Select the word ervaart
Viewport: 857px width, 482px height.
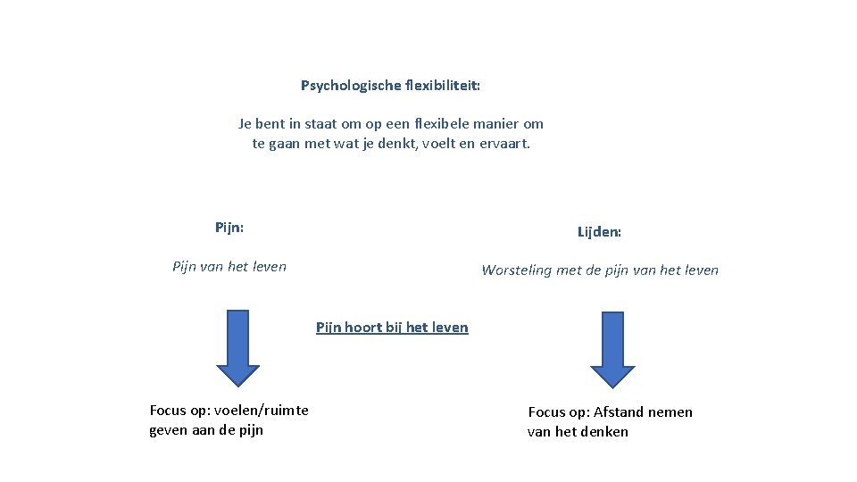(x=506, y=144)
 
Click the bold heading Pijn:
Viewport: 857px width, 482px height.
(x=229, y=227)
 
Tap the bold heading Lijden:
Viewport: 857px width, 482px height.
(x=599, y=232)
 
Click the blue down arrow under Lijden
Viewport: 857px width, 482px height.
(x=612, y=350)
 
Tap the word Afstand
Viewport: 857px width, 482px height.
(x=615, y=412)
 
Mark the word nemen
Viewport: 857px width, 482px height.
(x=670, y=412)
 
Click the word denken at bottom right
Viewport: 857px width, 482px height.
(x=605, y=432)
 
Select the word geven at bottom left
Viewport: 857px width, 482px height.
(x=169, y=430)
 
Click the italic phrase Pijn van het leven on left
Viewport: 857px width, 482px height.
(x=229, y=266)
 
